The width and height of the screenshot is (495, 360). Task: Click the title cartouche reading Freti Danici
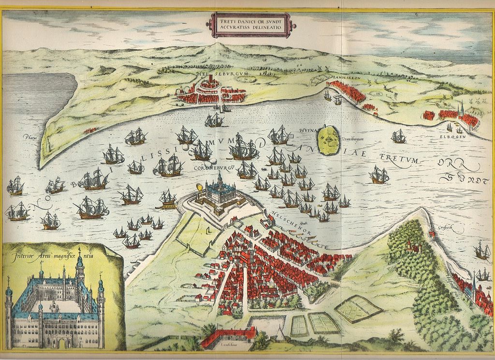(248, 24)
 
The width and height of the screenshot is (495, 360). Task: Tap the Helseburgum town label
(215, 73)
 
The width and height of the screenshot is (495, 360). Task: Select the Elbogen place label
(453, 136)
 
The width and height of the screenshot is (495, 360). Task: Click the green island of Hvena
(328, 140)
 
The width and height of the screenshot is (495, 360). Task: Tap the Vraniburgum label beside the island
(352, 139)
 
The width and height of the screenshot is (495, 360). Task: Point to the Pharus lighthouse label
(30, 137)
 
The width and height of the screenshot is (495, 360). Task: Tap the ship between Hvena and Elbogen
(398, 136)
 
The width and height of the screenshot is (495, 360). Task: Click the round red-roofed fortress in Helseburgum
(209, 86)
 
